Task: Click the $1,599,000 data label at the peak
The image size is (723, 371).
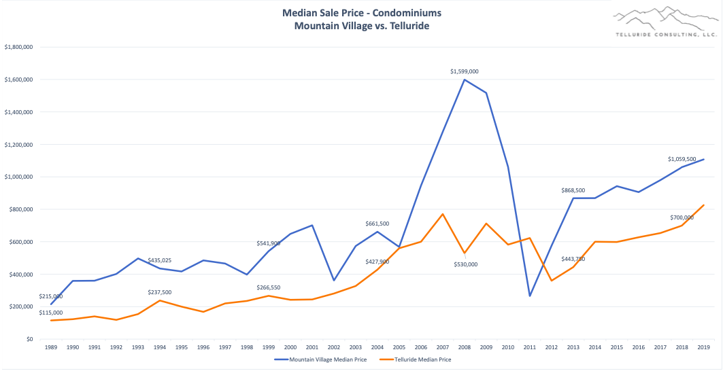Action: [x=465, y=71]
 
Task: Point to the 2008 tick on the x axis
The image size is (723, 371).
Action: [x=465, y=347]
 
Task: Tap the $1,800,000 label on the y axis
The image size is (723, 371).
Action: [x=19, y=47]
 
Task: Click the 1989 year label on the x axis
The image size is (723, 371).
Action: [x=52, y=347]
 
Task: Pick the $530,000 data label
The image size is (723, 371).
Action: [x=465, y=264]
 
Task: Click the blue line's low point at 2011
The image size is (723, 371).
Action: [x=529, y=296]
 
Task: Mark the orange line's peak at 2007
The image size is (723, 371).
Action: [x=443, y=214]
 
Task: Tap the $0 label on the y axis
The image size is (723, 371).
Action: [x=27, y=339]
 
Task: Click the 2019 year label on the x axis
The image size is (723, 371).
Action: [x=703, y=347]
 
